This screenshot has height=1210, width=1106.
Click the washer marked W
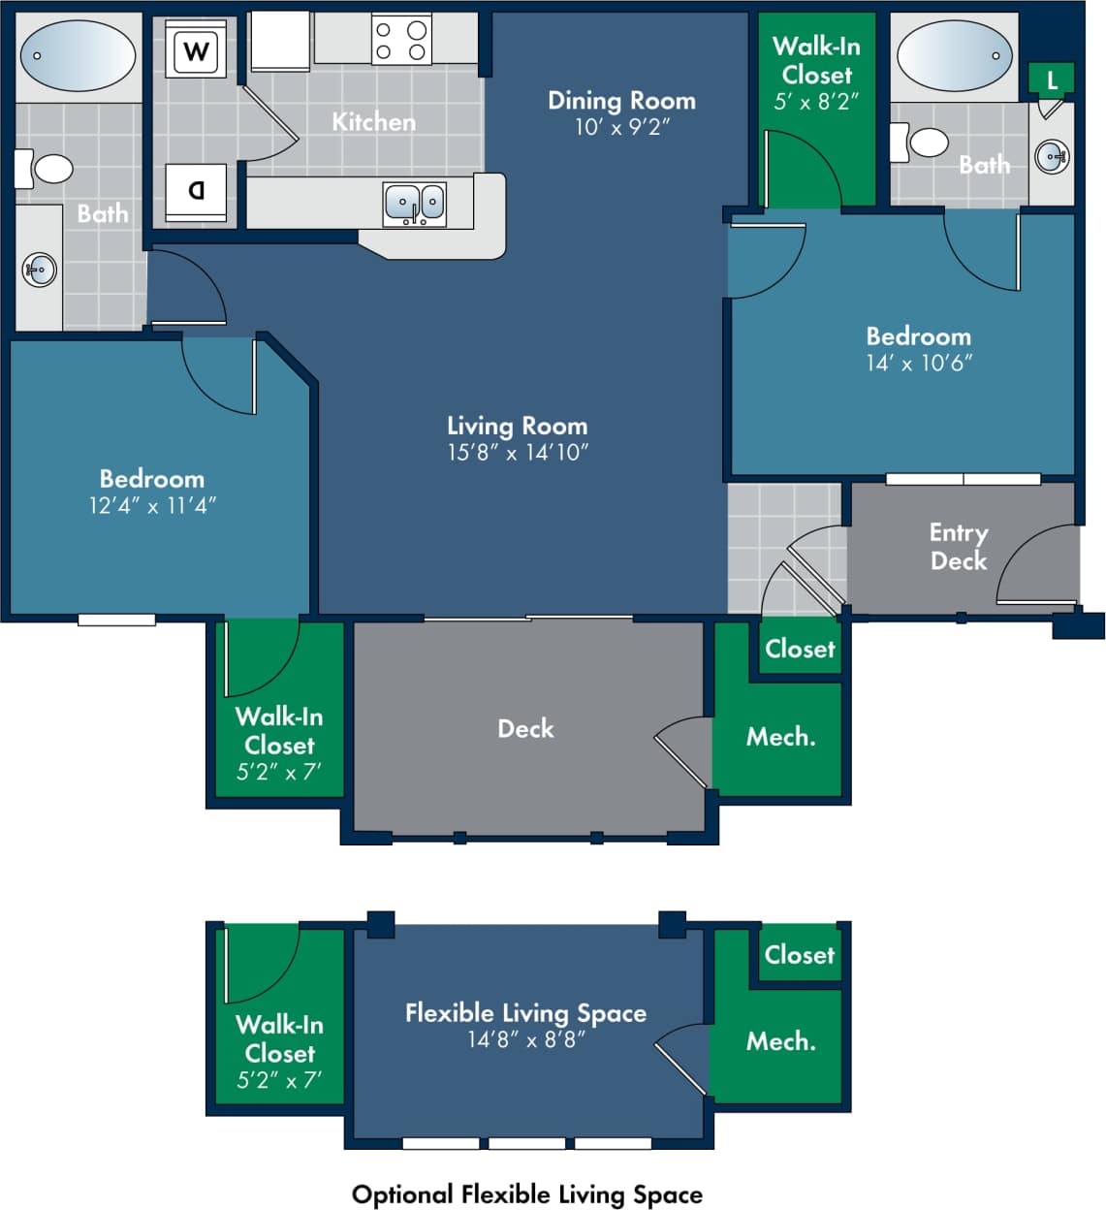(x=197, y=50)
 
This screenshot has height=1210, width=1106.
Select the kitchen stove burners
(x=400, y=41)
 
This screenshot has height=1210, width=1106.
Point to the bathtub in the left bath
(x=78, y=55)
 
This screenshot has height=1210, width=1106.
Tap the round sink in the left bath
(x=40, y=270)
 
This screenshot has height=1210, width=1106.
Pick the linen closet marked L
(x=1052, y=80)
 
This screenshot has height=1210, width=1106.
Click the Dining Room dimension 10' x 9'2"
(x=621, y=127)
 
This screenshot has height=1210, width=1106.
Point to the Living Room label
(x=517, y=426)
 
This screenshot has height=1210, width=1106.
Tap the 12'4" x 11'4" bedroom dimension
(x=152, y=505)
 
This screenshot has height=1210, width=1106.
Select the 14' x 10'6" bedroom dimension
(x=919, y=363)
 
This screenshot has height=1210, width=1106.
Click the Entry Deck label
(x=958, y=547)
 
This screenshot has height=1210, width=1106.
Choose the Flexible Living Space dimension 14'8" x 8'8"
(x=525, y=1039)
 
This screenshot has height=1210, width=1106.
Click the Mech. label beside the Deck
(x=780, y=737)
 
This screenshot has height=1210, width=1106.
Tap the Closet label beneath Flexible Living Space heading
(x=799, y=955)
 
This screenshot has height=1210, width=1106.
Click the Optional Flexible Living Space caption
(x=526, y=1194)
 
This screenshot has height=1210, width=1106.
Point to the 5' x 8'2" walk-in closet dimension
(x=816, y=101)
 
